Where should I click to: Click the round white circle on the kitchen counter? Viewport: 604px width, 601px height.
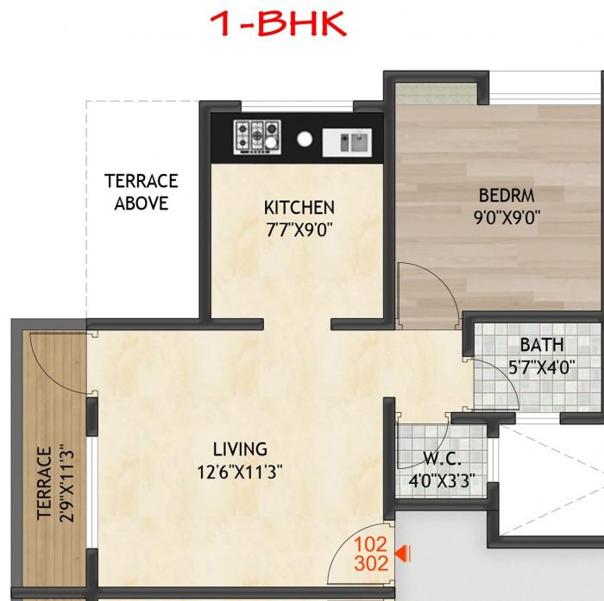coord(305,138)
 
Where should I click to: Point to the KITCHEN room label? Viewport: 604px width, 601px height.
coord(299,208)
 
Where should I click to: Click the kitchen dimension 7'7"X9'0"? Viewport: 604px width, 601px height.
coord(299,229)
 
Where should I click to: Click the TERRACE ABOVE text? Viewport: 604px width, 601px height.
coord(142,192)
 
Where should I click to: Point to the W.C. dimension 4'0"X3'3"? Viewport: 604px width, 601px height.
coord(441,481)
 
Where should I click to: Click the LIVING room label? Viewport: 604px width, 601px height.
coord(240,449)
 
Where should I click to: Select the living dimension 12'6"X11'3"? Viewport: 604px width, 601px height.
coord(240,472)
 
